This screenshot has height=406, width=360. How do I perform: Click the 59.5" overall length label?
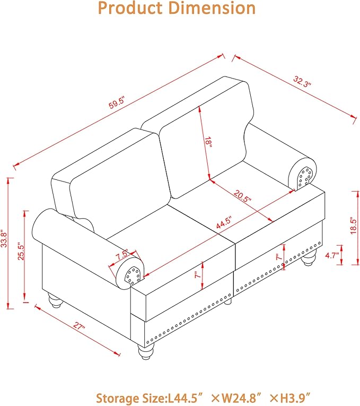[x=117, y=102]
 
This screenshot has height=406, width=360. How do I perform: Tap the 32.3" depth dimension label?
[x=302, y=82]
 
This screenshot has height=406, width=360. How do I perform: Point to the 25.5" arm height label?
[x=21, y=251]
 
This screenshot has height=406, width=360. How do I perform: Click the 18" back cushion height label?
[x=208, y=143]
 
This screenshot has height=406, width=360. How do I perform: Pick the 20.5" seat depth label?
[x=242, y=196]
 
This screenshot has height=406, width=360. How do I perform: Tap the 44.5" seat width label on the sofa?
[x=224, y=222]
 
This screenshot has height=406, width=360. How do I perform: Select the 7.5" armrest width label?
[x=122, y=255]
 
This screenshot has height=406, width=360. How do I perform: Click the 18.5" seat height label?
[x=354, y=226]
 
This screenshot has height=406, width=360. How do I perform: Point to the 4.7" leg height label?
[x=332, y=256]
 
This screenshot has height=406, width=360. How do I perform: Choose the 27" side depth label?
[x=79, y=325]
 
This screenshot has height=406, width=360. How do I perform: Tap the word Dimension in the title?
[x=212, y=8]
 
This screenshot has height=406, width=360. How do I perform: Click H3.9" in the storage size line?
[x=295, y=398]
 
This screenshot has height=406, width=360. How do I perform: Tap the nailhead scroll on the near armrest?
[x=133, y=275]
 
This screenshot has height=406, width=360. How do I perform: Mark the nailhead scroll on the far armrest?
[x=305, y=177]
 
